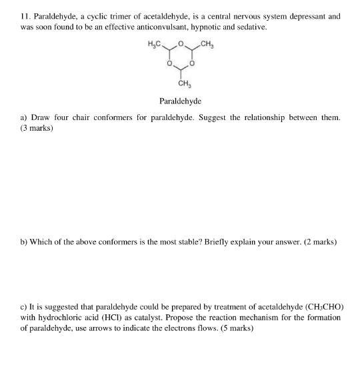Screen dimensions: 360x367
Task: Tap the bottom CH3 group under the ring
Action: pos(181,84)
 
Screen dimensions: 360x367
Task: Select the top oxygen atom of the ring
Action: pos(181,45)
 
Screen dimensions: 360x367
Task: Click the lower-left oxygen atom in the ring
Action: pos(169,65)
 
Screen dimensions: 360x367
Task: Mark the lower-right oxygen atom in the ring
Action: pos(192,65)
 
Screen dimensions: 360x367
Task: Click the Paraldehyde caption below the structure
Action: pos(180,101)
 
